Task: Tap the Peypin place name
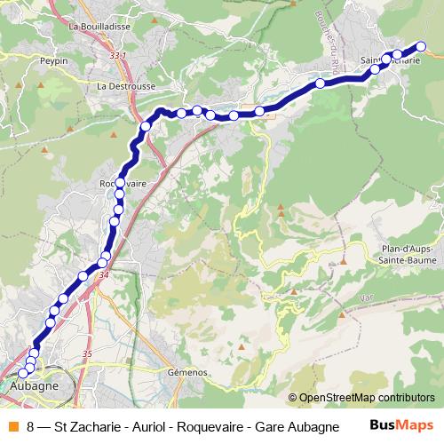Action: tap(53, 61)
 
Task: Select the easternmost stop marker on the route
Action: tap(422, 46)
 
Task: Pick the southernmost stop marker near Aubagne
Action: tap(22, 374)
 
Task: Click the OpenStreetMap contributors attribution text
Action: tap(361, 398)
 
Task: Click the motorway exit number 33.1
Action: tap(118, 56)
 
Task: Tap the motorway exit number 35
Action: tap(86, 354)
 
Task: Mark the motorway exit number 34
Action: tap(105, 275)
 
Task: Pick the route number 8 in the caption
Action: tap(31, 426)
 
